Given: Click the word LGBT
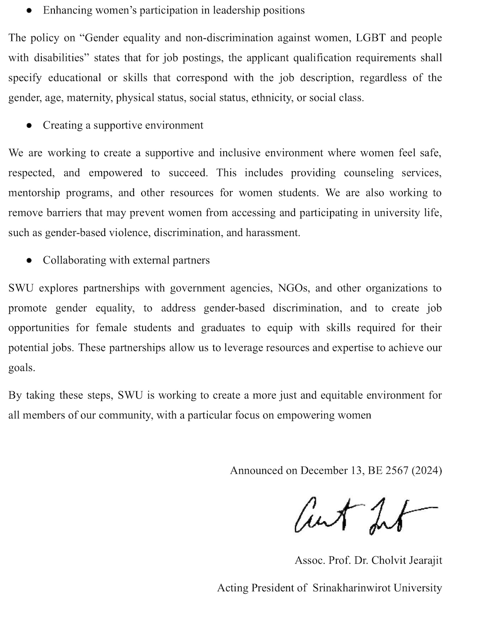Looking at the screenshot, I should coord(371,38).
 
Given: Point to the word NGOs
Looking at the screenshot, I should coord(293,288).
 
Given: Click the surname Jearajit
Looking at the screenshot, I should coord(424,561).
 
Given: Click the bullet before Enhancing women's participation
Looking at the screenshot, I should coord(29,11).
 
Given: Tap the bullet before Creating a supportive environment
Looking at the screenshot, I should coord(29,126).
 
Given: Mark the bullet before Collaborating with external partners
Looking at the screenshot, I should coord(29,261).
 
